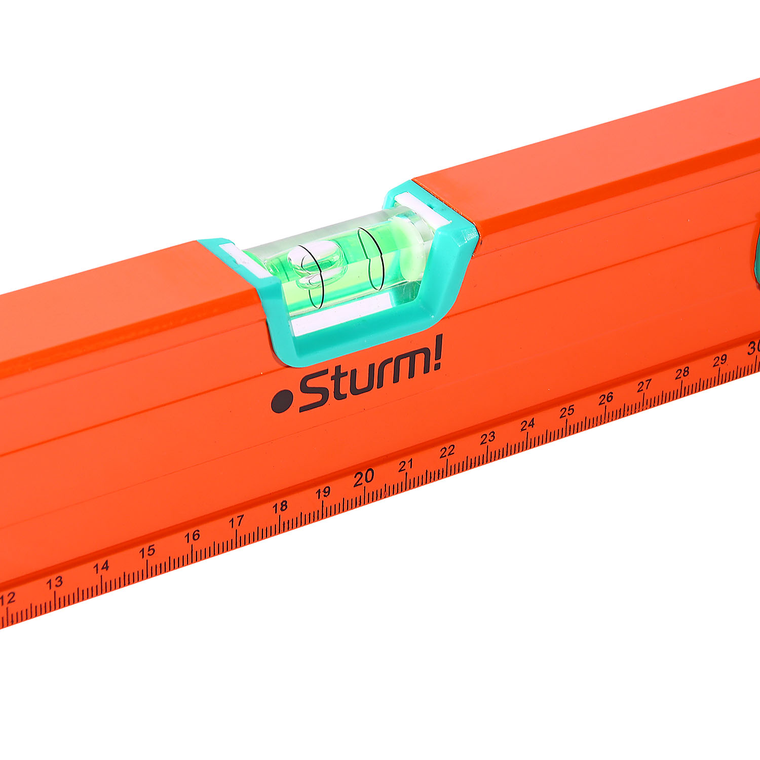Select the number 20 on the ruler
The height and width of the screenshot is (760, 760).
pyautogui.click(x=364, y=478)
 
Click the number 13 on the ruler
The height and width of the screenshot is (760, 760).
pyautogui.click(x=54, y=583)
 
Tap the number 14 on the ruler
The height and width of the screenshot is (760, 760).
pyautogui.click(x=101, y=567)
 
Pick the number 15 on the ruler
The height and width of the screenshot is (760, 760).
pyautogui.click(x=147, y=552)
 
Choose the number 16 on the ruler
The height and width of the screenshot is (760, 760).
pyautogui.click(x=192, y=537)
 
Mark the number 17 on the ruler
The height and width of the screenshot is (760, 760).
pyautogui.click(x=236, y=521)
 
